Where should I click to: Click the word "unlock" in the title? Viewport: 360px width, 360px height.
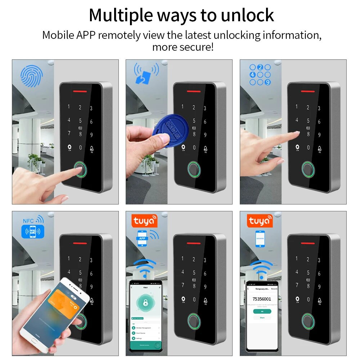248,15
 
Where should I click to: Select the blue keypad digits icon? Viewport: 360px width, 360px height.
260,75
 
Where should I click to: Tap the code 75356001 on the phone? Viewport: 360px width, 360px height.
262,299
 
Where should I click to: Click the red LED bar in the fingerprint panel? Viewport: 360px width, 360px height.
81,90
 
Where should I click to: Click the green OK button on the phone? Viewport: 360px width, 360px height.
262,311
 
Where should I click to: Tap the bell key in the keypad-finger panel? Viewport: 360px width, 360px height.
319,148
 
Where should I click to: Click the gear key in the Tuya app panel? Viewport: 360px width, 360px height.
183,299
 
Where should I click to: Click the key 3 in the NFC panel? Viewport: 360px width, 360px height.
91,260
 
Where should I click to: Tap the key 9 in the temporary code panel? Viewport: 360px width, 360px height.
319,287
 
